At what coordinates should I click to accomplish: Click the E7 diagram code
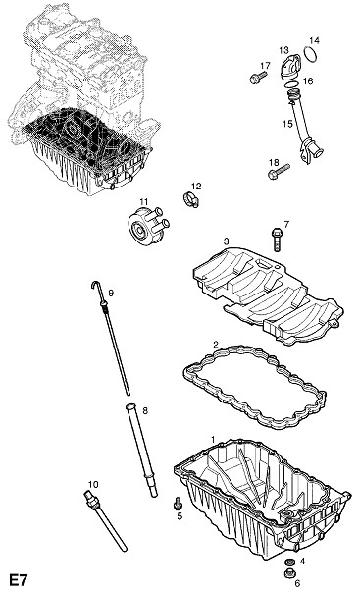[x=19, y=579]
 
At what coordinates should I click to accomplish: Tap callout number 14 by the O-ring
[x=314, y=40]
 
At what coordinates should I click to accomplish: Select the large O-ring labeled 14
[x=311, y=54]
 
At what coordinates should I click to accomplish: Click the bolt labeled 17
[x=258, y=77]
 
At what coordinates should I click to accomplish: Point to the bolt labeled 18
[x=279, y=171]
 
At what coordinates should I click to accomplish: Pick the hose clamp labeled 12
[x=191, y=199]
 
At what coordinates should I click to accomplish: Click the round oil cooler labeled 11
[x=148, y=226]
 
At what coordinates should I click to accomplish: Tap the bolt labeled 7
[x=277, y=240]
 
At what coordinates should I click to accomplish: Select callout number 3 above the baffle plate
[x=226, y=241]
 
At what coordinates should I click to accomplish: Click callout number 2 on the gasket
[x=216, y=344]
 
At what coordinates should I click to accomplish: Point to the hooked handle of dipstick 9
[x=96, y=285]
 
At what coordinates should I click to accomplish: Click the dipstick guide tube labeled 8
[x=141, y=450]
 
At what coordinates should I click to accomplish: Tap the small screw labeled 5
[x=178, y=504]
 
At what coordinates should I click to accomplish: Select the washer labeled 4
[x=289, y=562]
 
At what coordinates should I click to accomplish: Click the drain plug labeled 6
[x=289, y=573]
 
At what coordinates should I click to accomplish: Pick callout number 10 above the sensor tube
[x=93, y=484]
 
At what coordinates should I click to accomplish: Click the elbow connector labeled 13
[x=290, y=67]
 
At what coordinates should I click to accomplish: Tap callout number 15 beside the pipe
[x=287, y=124]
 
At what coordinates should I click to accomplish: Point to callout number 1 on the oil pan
[x=213, y=439]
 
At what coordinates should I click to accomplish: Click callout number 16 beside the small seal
[x=308, y=81]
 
